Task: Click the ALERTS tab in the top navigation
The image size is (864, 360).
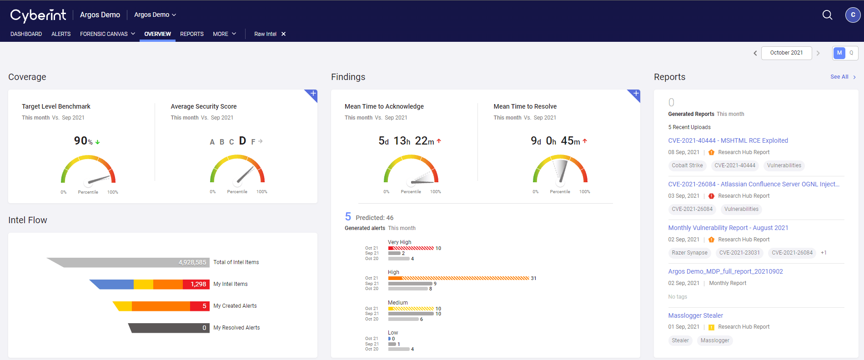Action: pos(61,34)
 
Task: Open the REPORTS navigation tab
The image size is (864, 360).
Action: pos(191,34)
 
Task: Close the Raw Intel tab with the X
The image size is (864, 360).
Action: pos(283,34)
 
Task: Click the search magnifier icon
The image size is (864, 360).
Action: pos(827,15)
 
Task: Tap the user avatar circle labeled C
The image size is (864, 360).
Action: pos(853,15)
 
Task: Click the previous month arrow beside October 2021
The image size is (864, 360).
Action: pos(755,53)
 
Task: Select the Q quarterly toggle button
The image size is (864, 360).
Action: pos(851,53)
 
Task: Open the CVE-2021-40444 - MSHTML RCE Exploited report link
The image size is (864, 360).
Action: pos(728,140)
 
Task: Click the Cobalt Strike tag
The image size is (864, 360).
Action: pos(687,165)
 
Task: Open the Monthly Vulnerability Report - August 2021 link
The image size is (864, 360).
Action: pos(728,228)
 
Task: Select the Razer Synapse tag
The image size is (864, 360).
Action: pos(689,253)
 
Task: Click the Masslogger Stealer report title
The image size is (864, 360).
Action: pos(695,315)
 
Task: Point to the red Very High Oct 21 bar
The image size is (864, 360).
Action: pos(411,248)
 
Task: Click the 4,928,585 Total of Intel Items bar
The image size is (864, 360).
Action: pos(136,262)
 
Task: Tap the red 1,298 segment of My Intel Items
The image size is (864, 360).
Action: pos(196,284)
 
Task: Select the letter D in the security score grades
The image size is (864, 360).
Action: pos(242,141)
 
